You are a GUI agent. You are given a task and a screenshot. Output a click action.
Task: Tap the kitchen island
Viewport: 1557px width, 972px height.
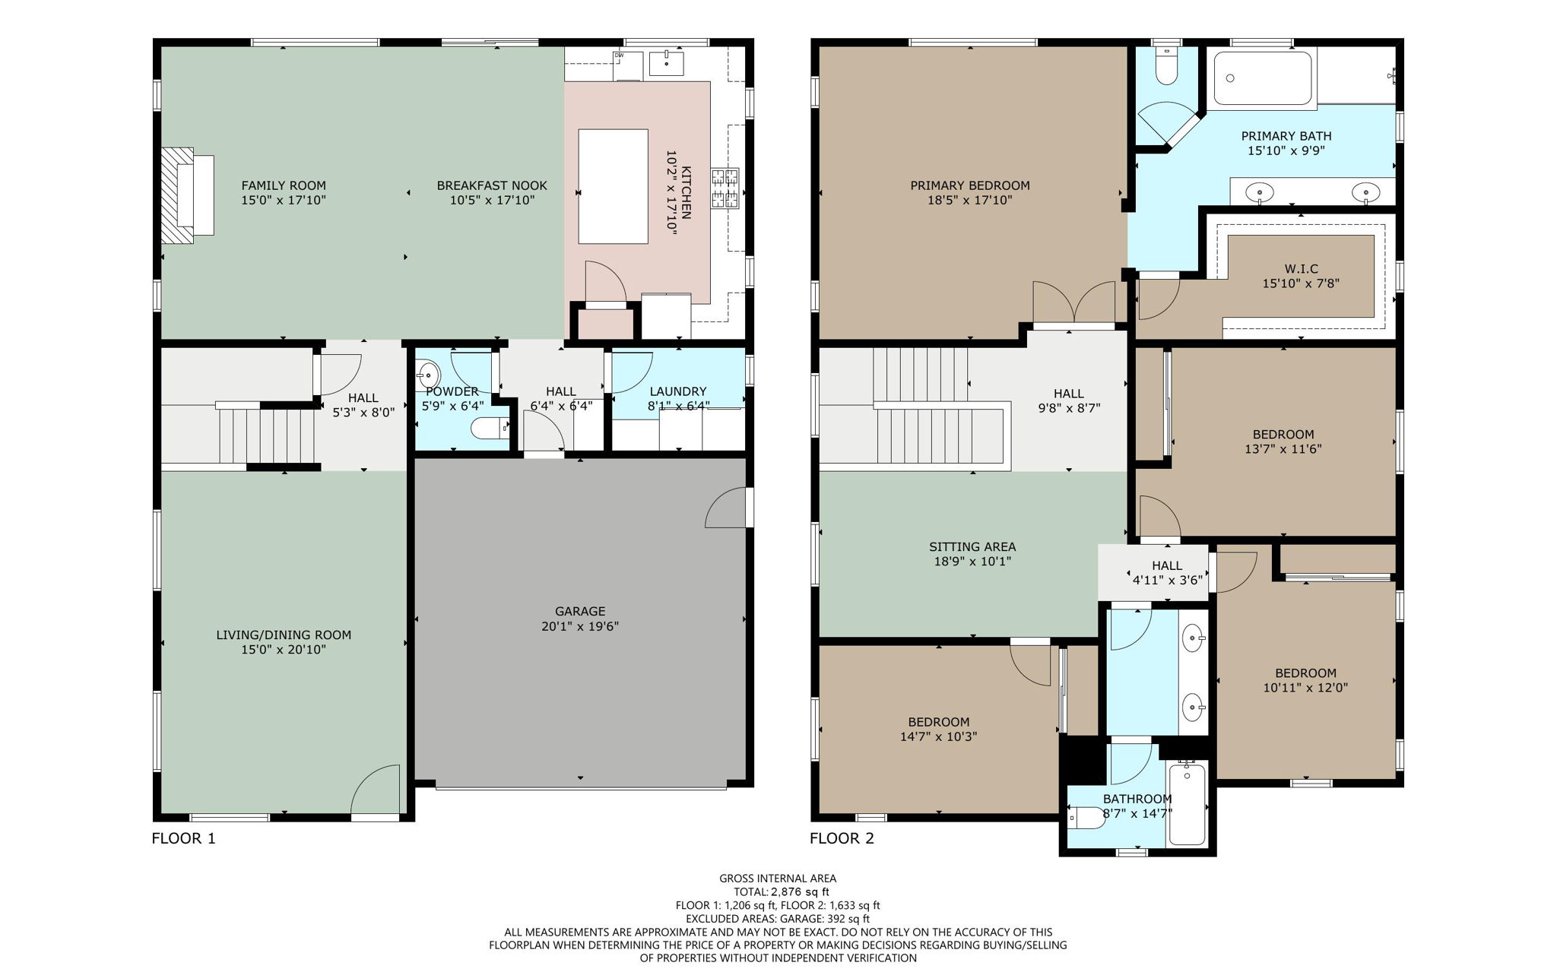613,186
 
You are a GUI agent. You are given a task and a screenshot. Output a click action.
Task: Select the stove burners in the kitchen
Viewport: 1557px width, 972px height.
725,188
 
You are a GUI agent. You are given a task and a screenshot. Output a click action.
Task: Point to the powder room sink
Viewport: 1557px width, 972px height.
428,375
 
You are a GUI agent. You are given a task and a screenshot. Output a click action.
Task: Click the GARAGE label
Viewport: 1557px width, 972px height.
580,611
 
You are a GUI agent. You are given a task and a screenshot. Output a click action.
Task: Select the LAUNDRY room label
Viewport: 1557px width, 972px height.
677,391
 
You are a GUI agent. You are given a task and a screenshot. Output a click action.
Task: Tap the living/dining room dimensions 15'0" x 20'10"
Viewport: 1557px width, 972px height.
284,650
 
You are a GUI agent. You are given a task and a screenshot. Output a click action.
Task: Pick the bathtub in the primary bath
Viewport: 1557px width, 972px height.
1262,78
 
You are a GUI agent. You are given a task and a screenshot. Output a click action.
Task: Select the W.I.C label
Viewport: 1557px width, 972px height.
1301,269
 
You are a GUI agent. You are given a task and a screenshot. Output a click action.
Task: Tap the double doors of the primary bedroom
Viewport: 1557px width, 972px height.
1073,303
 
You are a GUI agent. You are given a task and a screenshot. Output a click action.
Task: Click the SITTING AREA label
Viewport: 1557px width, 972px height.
972,546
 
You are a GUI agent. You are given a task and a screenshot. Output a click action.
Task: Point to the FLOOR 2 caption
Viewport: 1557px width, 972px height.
842,839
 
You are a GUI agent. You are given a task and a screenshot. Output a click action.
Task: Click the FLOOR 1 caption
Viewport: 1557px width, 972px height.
184,839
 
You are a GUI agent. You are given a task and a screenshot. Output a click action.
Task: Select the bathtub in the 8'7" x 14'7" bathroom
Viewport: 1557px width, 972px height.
1187,804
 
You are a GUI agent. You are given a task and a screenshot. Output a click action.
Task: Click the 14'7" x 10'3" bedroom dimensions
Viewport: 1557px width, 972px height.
938,736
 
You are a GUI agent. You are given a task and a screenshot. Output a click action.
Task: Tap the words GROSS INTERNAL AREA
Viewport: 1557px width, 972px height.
778,879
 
